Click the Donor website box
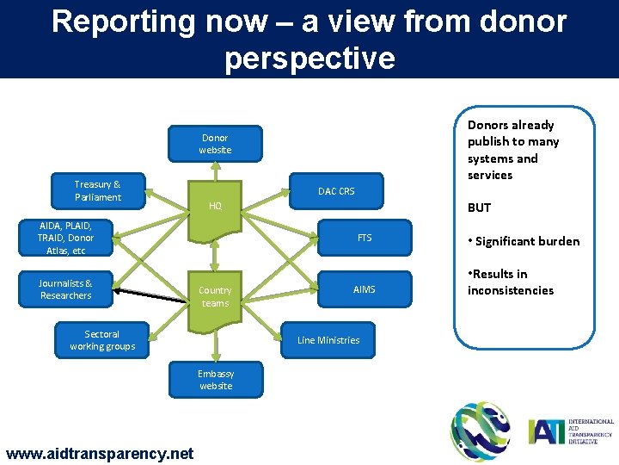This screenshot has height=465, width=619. coord(215,144)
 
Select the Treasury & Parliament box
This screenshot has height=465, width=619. coord(97,191)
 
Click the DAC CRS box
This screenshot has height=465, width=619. coord(336,191)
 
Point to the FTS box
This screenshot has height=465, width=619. coord(365,238)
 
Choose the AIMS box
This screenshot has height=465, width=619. coord(365,290)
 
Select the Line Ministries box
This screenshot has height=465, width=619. coord(328,340)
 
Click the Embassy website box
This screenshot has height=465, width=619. coord(215,380)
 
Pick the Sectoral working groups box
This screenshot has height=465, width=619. coord(102,340)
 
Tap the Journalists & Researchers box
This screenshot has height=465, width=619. coord(65,290)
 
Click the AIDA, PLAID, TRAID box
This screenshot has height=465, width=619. coord(65,238)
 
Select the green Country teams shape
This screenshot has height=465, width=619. coord(215,297)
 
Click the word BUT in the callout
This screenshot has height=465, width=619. coord(479,208)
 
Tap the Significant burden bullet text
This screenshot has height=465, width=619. coord(524,241)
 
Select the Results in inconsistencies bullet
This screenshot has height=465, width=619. coord(511,282)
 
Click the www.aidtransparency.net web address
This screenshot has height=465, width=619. coord(100,453)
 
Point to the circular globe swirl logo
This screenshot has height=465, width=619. coord(481,431)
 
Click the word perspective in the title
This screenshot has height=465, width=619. coord(309,58)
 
